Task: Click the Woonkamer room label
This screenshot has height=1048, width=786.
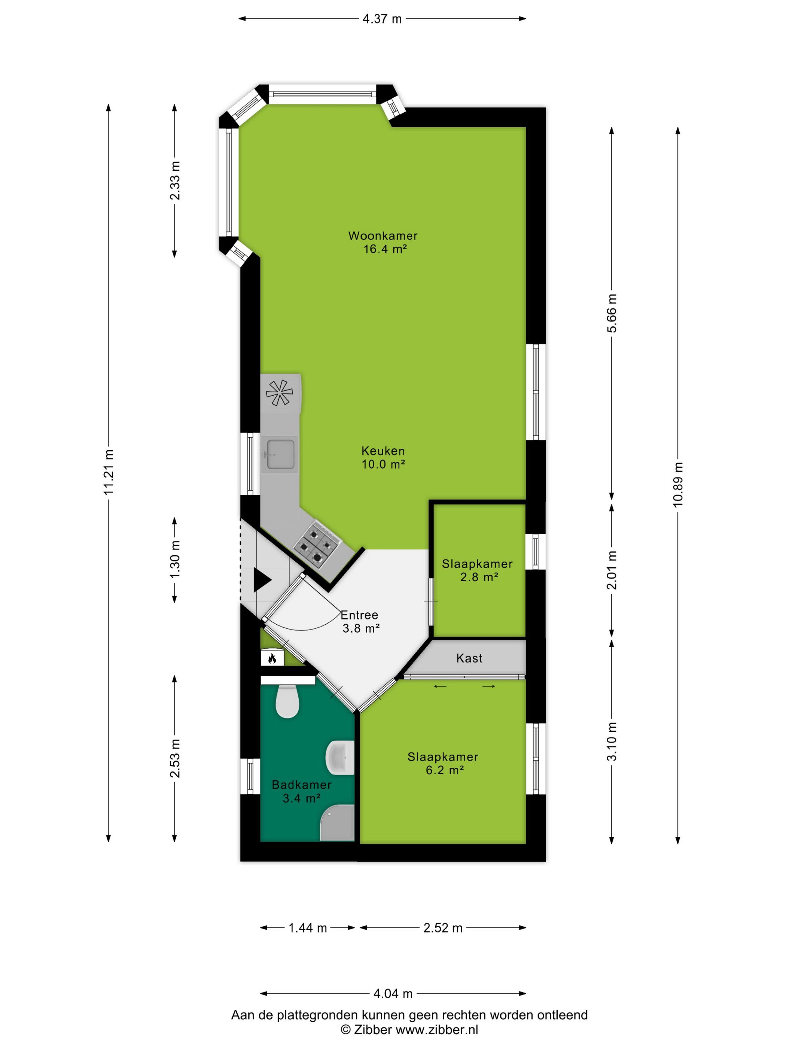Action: [x=383, y=235]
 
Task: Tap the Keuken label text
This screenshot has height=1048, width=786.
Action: [x=383, y=451]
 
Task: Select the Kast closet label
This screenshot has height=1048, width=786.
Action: [x=469, y=658]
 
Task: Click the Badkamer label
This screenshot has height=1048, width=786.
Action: [x=301, y=784]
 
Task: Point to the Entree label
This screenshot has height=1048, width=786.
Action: [x=359, y=615]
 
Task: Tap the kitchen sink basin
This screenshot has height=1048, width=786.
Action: [x=280, y=454]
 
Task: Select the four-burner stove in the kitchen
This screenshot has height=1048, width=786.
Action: [x=316, y=546]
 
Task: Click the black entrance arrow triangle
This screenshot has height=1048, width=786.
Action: [x=262, y=579]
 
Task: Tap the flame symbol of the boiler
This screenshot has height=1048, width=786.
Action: [x=272, y=658]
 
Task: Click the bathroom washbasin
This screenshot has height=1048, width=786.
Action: [x=340, y=758]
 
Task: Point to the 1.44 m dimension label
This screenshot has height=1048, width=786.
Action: [x=308, y=927]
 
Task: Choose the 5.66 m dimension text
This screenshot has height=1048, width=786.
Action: [x=612, y=313]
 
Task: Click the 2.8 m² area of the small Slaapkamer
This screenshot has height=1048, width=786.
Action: [x=479, y=577]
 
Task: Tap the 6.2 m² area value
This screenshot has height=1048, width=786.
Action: [x=444, y=770]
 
